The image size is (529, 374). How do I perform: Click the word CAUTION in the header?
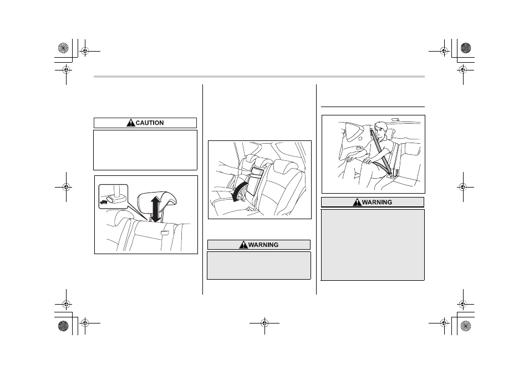[x=150, y=123]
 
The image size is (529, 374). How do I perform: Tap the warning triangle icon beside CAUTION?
[x=130, y=123]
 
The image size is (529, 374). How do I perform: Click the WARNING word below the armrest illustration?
[x=263, y=245]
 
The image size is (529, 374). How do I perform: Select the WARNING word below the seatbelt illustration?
[x=377, y=202]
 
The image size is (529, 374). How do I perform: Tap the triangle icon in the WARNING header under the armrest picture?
[x=243, y=245]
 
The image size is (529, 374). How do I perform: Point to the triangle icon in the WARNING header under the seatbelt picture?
[x=357, y=202]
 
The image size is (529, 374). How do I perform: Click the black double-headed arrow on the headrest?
[x=155, y=209]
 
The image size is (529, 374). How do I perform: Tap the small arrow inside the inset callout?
[x=104, y=203]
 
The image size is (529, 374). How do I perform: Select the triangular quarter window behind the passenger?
[x=353, y=130]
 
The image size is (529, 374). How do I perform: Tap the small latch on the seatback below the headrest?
[x=165, y=233]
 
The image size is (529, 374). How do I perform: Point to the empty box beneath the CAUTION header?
[x=145, y=150]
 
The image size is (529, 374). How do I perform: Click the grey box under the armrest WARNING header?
[x=259, y=265]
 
